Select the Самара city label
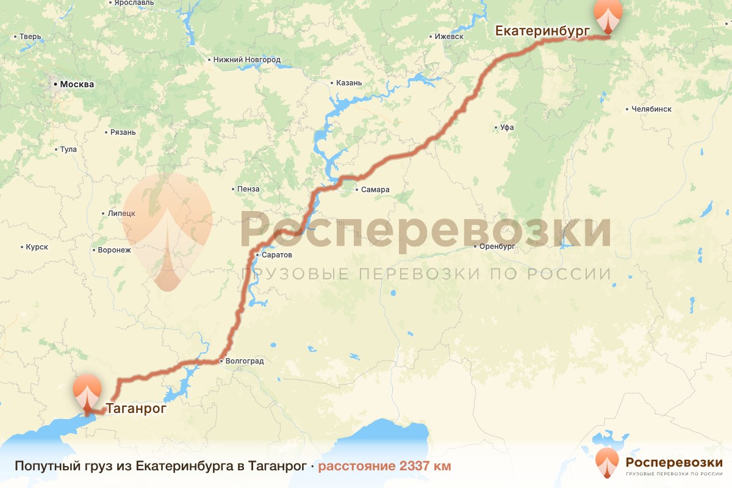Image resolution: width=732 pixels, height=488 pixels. click(x=375, y=190)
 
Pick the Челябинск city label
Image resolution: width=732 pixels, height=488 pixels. click(x=651, y=109)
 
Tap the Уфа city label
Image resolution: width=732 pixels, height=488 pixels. click(x=507, y=127)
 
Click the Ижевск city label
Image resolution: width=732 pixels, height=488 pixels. click(x=449, y=37)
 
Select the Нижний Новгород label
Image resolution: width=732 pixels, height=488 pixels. click(x=247, y=60)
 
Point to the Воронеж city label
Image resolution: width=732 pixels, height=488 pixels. click(x=114, y=250)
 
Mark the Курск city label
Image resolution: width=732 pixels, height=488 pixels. click(x=37, y=247)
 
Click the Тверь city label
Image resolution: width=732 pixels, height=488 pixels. click(x=30, y=37)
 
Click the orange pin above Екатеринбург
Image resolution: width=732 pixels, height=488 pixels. click(x=609, y=15)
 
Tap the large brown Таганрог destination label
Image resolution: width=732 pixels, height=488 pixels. click(x=136, y=409)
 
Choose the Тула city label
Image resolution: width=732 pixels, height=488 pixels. click(x=68, y=149)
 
